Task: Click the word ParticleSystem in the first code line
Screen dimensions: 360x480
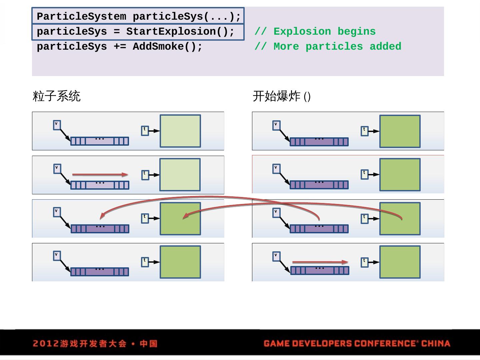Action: coord(81,16)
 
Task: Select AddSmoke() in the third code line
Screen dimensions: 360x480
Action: coord(167,47)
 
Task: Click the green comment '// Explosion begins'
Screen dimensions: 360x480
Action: coord(315,32)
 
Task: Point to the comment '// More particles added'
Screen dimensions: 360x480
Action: coord(328,47)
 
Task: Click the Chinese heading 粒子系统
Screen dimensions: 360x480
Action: coord(57,96)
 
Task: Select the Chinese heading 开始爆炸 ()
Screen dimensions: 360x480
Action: coord(282,96)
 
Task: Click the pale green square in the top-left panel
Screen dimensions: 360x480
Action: coord(180,131)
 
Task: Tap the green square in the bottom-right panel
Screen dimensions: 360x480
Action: coord(400,262)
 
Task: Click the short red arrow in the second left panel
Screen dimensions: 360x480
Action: coord(100,174)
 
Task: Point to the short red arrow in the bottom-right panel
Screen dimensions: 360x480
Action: coord(320,262)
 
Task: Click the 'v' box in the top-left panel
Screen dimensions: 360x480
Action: coord(57,125)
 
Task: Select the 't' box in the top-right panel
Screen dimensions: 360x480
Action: coord(365,131)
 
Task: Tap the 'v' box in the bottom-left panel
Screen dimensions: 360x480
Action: coord(57,256)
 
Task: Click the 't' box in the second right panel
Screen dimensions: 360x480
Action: coord(365,174)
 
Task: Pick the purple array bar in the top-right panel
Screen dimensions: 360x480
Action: coord(319,142)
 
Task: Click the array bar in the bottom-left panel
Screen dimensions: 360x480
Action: coord(100,272)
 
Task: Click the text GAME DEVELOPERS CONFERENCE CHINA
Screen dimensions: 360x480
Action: coord(357,344)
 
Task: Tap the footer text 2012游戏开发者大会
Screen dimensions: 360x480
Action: coord(80,344)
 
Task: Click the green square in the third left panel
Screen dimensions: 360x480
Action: coord(180,219)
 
